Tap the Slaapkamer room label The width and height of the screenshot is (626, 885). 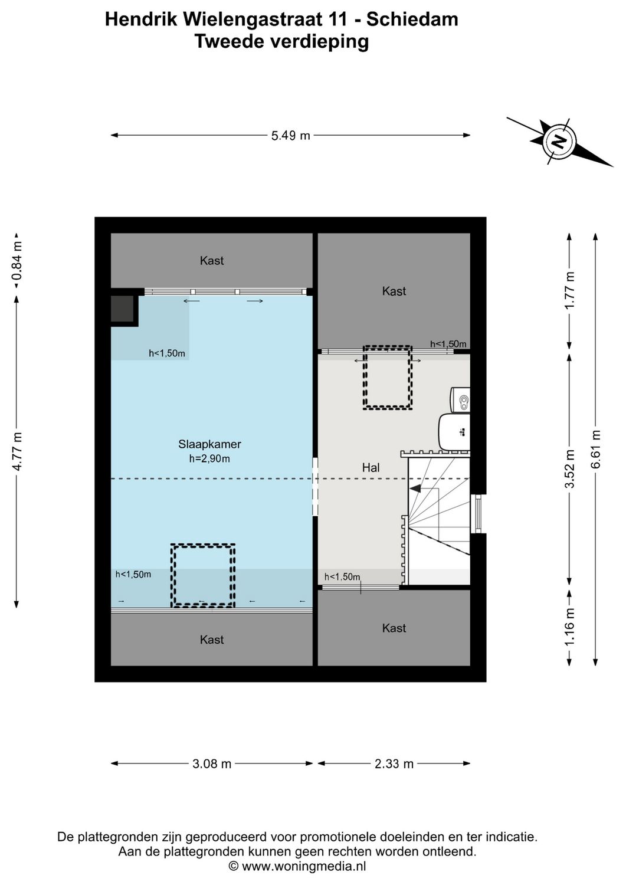[209, 444]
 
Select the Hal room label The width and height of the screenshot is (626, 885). [371, 467]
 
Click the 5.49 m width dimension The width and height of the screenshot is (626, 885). [290, 136]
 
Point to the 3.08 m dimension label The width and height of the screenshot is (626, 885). [212, 763]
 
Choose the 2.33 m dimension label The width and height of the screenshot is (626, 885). [394, 763]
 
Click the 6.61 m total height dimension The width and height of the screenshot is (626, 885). [596, 449]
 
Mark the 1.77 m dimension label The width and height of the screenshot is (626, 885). [569, 290]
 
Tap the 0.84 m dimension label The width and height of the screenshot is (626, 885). [17, 260]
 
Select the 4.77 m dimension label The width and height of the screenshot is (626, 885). [17, 451]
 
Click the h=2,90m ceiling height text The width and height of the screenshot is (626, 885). [209, 458]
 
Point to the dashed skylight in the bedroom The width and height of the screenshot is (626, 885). [203, 576]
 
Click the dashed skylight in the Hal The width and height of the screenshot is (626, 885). [388, 377]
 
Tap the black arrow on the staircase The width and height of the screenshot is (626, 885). [415, 488]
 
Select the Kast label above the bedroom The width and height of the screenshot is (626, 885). [211, 260]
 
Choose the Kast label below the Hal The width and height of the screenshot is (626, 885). [394, 628]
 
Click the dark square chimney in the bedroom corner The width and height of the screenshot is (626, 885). [123, 309]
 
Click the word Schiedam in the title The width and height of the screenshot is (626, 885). [412, 19]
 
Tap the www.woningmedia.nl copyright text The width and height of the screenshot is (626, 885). [297, 866]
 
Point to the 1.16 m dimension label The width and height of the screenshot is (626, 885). [569, 627]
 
